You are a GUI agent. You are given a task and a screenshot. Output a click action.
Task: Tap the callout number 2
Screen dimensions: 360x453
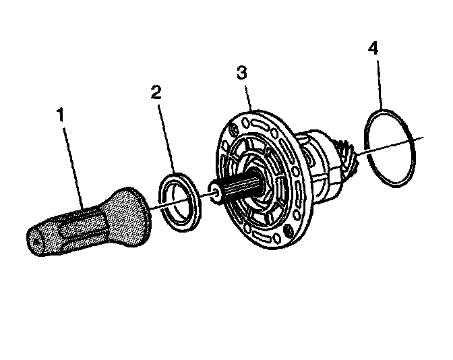(x=156, y=92)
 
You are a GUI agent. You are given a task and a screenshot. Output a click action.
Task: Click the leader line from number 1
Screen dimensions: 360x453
(x=73, y=162)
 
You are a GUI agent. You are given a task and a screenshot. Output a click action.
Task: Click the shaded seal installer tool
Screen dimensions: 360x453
(x=88, y=222)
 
